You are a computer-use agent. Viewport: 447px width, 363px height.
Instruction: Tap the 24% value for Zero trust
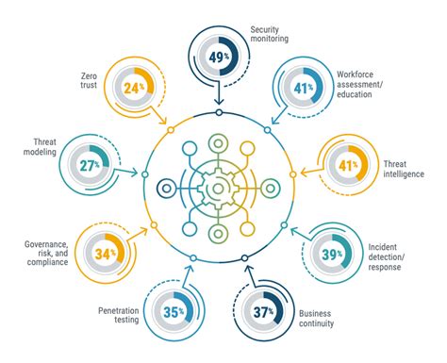click(x=132, y=90)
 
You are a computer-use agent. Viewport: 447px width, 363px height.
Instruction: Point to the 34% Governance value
click(x=105, y=252)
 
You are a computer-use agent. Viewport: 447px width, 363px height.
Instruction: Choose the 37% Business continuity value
click(x=263, y=312)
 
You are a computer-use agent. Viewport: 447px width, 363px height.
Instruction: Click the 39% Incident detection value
click(x=332, y=253)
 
